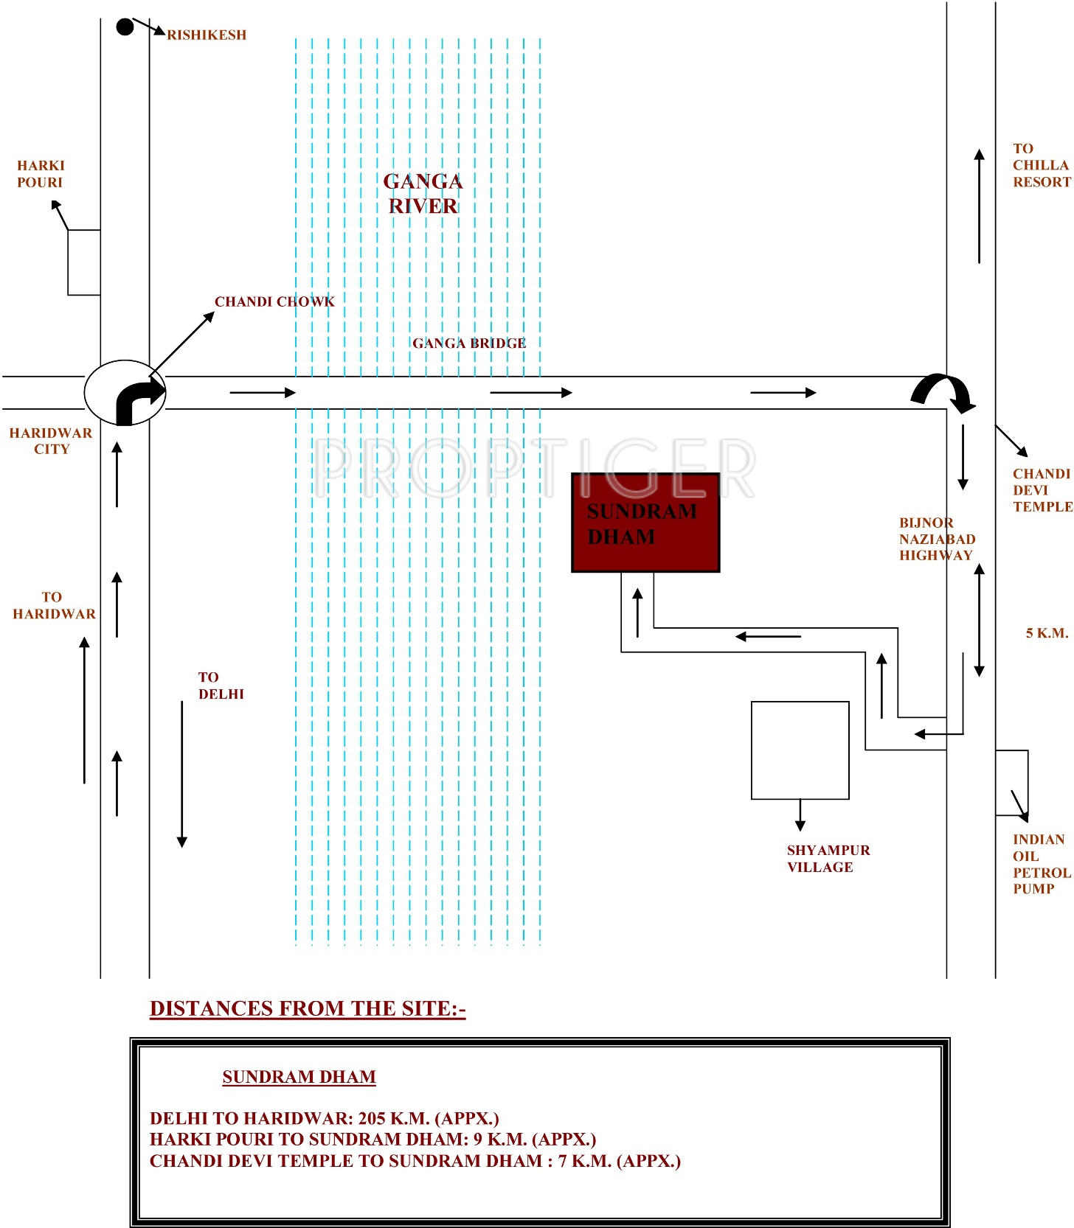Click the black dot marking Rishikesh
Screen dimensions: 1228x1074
pos(125,27)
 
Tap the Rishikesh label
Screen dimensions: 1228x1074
pos(207,35)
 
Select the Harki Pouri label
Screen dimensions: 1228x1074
pos(41,174)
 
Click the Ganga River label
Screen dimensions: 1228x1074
pos(423,193)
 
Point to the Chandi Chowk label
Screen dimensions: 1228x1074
pos(274,301)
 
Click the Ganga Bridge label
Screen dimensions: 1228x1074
pos(469,343)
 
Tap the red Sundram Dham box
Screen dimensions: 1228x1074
pos(645,523)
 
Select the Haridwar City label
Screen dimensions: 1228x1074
pos(51,441)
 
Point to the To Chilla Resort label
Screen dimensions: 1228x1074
pos(1041,165)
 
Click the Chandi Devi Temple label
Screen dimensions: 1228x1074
pos(1042,490)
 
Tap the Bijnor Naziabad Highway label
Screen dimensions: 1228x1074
pos(936,539)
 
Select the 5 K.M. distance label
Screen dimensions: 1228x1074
pos(1047,633)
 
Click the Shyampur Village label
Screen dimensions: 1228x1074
pos(828,859)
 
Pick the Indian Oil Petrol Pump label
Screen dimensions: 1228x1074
pos(1040,864)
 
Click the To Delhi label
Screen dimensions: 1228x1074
pos(221,685)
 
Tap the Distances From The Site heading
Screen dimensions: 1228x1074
pos(308,1008)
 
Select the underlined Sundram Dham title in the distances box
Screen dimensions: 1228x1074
pos(299,1077)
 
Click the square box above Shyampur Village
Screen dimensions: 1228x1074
pos(800,750)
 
